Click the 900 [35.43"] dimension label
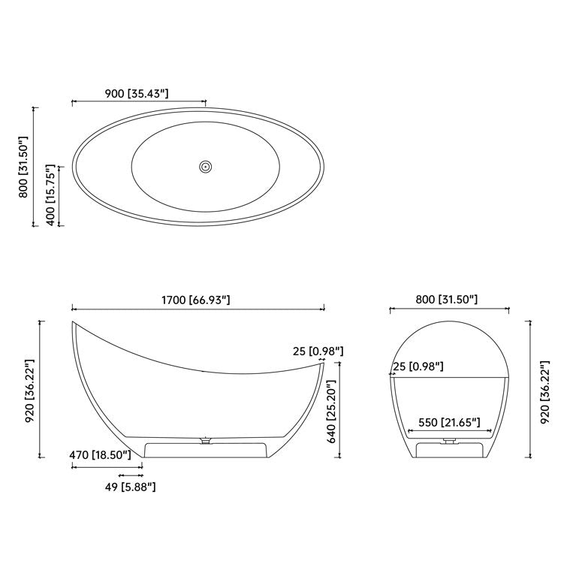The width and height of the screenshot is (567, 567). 136,93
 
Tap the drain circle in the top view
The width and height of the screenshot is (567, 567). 205,167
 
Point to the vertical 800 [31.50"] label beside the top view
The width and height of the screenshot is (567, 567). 24,167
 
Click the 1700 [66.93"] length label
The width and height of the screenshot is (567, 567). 195,300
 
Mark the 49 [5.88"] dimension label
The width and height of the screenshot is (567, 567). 130,487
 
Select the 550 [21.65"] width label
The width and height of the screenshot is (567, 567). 450,423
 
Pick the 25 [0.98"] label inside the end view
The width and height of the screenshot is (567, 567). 419,366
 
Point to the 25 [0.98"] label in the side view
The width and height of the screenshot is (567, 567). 318,351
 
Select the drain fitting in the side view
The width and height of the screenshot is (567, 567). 204,442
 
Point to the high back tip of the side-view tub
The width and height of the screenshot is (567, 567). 74,324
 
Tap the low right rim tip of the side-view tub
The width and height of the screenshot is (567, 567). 323,362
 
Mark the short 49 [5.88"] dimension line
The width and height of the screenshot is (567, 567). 131,475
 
